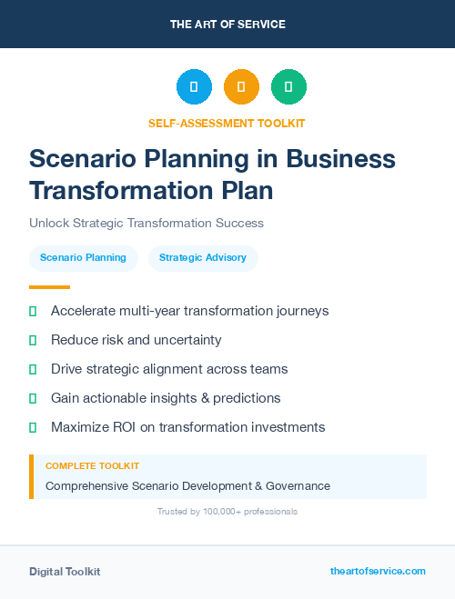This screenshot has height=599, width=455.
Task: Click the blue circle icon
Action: click(194, 87)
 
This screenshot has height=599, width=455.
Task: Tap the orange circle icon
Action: click(241, 87)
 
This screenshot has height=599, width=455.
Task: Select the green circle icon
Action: click(288, 87)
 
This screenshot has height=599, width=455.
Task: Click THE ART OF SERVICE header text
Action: click(227, 24)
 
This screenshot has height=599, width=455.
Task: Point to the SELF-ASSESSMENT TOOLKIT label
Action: click(227, 123)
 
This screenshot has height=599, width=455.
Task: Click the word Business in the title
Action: click(342, 159)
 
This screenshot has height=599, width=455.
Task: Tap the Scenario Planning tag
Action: click(83, 258)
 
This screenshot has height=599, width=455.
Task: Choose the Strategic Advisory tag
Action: click(203, 258)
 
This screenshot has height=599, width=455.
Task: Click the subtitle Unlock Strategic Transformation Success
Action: click(147, 223)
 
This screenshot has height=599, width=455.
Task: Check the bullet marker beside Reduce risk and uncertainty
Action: click(33, 340)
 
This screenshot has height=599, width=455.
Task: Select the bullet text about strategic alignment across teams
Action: click(169, 369)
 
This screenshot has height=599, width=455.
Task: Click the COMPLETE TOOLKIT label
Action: click(93, 465)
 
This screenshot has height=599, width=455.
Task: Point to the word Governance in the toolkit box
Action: click(298, 486)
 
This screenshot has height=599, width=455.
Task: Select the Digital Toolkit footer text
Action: click(65, 572)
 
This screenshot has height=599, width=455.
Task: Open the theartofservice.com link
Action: click(378, 571)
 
